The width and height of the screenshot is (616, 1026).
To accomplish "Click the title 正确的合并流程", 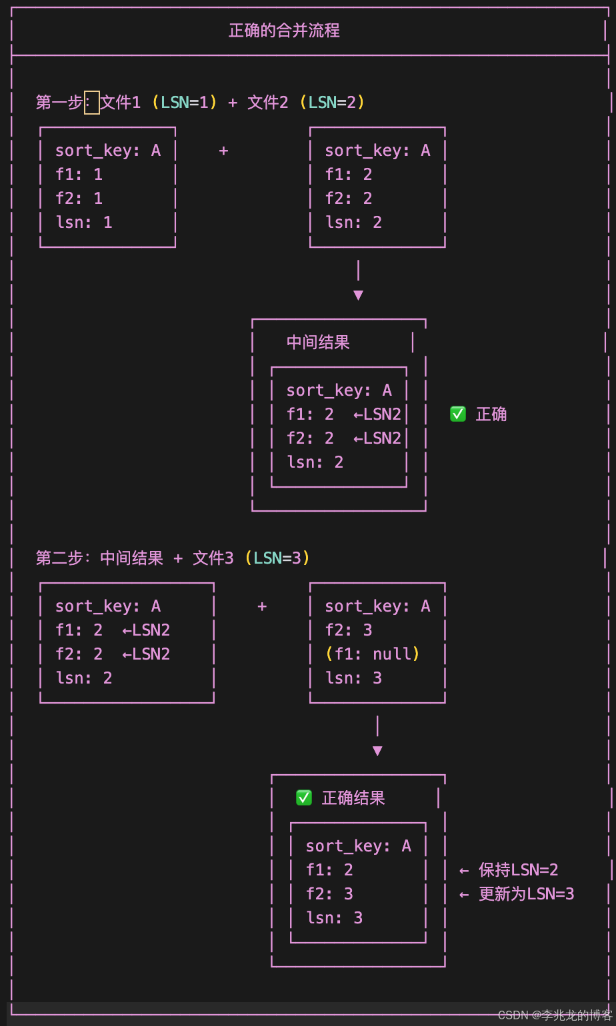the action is point(284,31).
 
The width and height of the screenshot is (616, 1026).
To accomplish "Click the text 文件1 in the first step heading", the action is point(121,103).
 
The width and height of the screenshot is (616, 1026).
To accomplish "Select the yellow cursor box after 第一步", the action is point(92,103).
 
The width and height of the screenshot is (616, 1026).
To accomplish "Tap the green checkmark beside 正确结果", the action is point(304,797).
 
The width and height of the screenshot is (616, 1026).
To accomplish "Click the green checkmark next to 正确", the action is point(458,414).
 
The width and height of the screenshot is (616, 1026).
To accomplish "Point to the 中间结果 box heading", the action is point(318,342).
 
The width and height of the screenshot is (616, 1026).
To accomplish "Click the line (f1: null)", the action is point(373,654).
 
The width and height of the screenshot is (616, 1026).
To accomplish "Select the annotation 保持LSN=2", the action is point(518,869).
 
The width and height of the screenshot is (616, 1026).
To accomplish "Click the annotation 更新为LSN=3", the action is point(526,893).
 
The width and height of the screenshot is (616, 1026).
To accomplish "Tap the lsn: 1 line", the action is point(84,222).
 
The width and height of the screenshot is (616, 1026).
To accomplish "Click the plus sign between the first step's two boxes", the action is point(224,151).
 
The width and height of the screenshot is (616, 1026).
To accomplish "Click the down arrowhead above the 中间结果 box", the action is point(358,294).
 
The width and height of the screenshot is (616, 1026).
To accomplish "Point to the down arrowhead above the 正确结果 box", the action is point(377,751).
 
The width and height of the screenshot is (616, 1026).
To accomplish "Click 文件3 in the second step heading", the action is point(213,558).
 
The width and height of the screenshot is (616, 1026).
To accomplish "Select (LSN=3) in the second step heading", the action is point(277,558).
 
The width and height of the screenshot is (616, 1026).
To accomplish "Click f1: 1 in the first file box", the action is point(79,175).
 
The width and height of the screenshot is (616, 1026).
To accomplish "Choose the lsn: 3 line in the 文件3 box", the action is point(353,678).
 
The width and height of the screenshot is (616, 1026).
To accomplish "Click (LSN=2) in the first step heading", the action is point(332,103).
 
